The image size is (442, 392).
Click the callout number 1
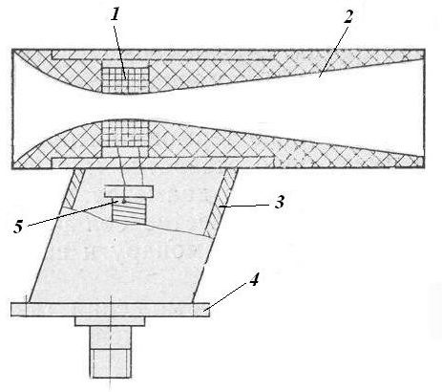pos(116,14)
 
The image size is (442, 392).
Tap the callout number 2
pos(348,16)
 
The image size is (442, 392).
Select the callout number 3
pos(280,203)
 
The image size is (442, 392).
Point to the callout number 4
pos(254,281)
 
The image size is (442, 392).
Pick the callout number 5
pos(18,228)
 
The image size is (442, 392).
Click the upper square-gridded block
pos(125,79)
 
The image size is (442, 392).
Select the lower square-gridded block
pos(125,135)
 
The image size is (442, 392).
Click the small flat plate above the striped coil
pos(128,191)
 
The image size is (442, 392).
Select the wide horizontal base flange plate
pos(110,310)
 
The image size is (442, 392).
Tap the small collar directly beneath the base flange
pos(110,321)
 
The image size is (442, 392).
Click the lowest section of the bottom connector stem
pos(110,363)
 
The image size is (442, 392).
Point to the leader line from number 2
pos(333,51)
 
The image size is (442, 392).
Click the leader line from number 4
pos(226,295)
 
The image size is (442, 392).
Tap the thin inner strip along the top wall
pos(163,55)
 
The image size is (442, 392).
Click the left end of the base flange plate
pos(11,310)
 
